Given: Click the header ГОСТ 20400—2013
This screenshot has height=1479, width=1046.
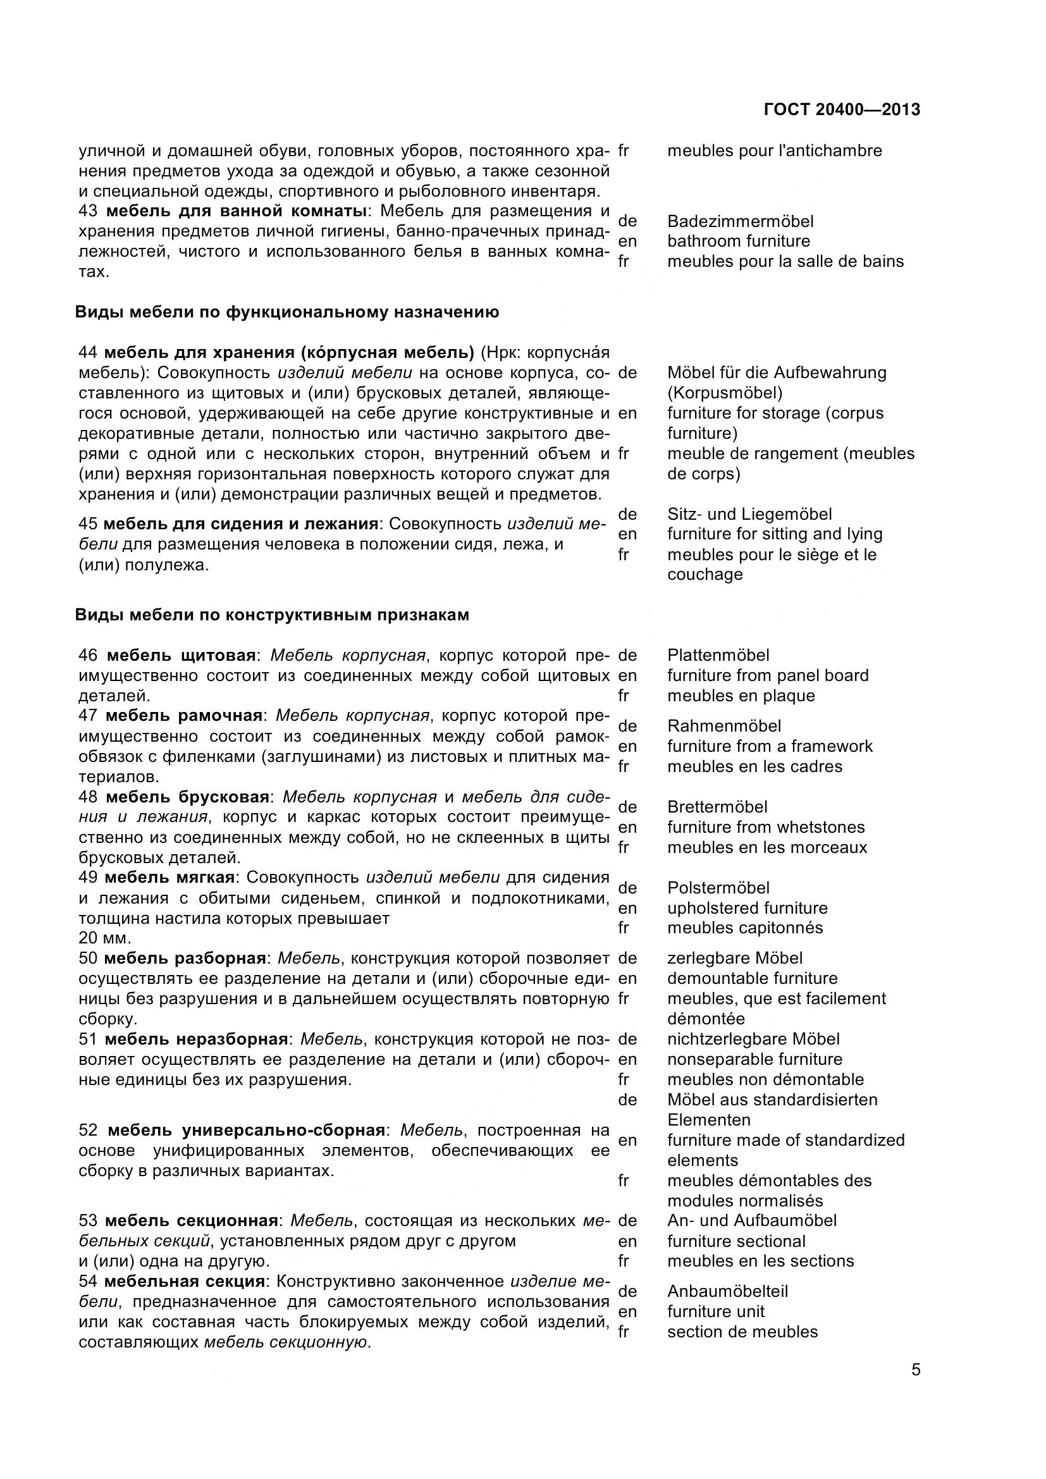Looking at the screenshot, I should [x=841, y=109].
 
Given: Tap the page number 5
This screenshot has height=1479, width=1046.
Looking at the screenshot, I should [x=916, y=1370].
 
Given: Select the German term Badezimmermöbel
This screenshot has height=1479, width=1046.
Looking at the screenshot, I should [x=740, y=221].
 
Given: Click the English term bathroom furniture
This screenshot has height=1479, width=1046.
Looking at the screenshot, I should [x=738, y=241].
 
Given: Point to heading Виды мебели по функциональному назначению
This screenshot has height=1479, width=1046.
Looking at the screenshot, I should [x=286, y=312].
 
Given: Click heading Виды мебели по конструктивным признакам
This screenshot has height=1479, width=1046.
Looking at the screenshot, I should [x=272, y=615].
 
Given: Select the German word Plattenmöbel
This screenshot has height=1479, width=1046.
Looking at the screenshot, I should [x=718, y=655].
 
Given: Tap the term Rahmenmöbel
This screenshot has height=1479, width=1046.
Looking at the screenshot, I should [x=724, y=726].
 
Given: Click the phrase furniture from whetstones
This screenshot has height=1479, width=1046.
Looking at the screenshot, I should [x=766, y=827].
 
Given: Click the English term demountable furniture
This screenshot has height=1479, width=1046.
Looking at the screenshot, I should [x=753, y=978].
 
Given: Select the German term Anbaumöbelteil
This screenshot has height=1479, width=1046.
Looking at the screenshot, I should [x=727, y=1292].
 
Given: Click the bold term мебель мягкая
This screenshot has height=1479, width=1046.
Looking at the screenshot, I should [x=169, y=878].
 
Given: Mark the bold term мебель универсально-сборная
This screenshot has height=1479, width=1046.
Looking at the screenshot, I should [x=246, y=1131].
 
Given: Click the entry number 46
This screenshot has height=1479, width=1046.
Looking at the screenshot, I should [x=88, y=656].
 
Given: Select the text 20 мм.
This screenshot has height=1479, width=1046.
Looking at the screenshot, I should [x=104, y=938].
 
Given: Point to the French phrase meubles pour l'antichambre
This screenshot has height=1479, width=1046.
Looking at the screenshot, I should [x=774, y=150].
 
